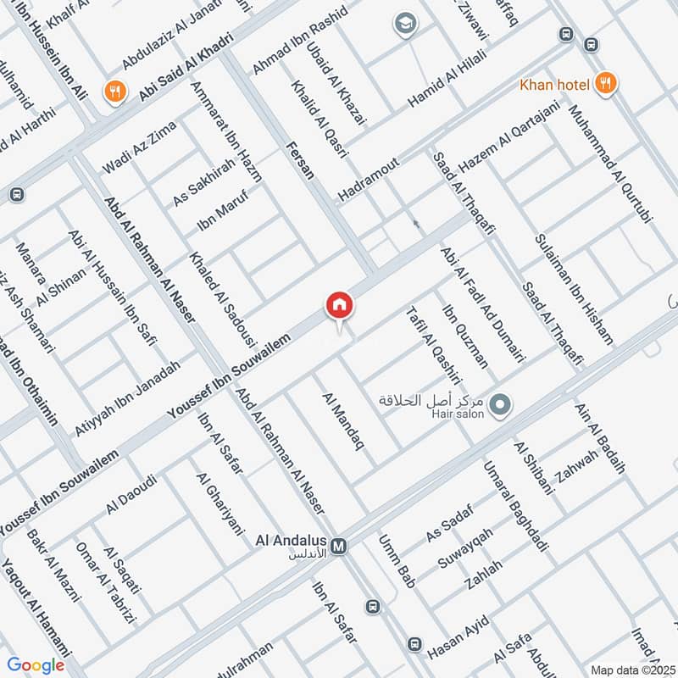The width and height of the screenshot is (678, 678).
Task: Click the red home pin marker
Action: (339, 305)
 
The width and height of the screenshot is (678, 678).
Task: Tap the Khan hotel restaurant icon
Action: (604, 82)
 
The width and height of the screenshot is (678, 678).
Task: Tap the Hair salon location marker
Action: (500, 405)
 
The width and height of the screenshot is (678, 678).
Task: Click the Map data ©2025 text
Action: (632, 670)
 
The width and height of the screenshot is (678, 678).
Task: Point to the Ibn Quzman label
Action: (466, 334)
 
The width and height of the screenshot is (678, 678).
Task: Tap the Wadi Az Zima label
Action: (139, 147)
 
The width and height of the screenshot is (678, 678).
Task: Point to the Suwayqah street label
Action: (464, 548)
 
